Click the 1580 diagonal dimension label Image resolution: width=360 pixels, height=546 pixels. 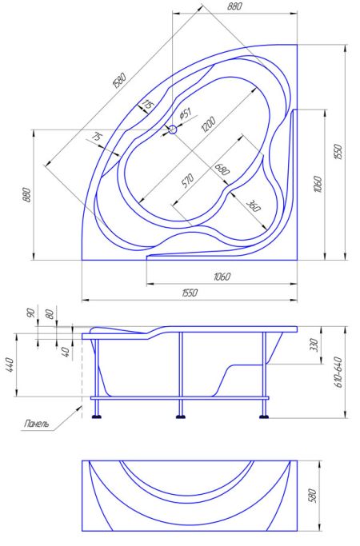119,80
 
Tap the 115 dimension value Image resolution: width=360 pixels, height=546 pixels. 147,104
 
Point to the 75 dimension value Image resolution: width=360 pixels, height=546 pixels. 98,137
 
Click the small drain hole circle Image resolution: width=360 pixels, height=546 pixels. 173,130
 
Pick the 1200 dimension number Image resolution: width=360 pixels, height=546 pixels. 209,125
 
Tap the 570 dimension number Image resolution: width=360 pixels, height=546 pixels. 187,181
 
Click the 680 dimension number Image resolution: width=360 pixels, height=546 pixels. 222,169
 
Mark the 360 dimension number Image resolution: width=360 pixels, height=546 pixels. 254,205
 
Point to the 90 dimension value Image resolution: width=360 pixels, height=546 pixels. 31,313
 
